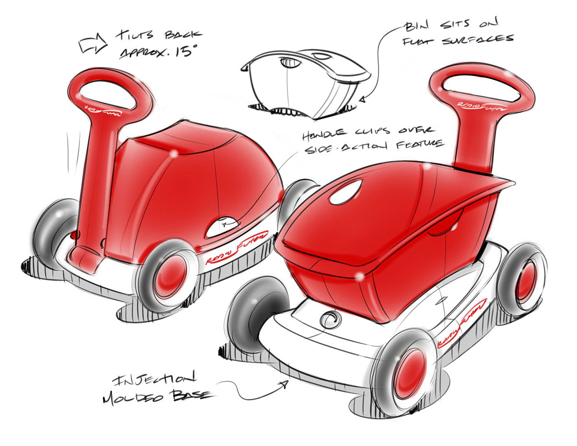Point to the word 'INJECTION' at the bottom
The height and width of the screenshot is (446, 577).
153,378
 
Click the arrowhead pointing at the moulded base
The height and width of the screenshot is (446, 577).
284,384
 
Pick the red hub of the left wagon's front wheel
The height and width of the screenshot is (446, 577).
170,274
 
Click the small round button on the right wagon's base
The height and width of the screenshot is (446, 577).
330,319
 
